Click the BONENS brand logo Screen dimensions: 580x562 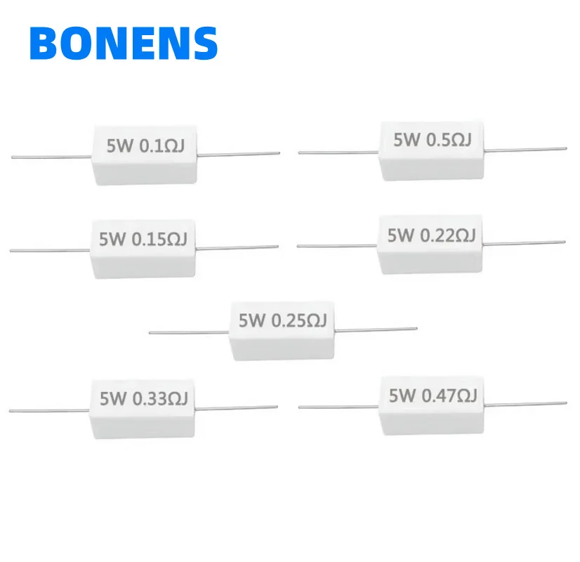pos(124,43)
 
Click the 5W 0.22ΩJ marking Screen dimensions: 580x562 pos(430,235)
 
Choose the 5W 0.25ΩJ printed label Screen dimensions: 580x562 pos(282,321)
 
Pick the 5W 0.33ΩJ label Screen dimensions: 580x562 pos(143,398)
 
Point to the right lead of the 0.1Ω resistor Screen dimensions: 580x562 pos(239,154)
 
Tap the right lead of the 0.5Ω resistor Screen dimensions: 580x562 pos(527,148)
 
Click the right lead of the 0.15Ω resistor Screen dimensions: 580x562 pos(239,247)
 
